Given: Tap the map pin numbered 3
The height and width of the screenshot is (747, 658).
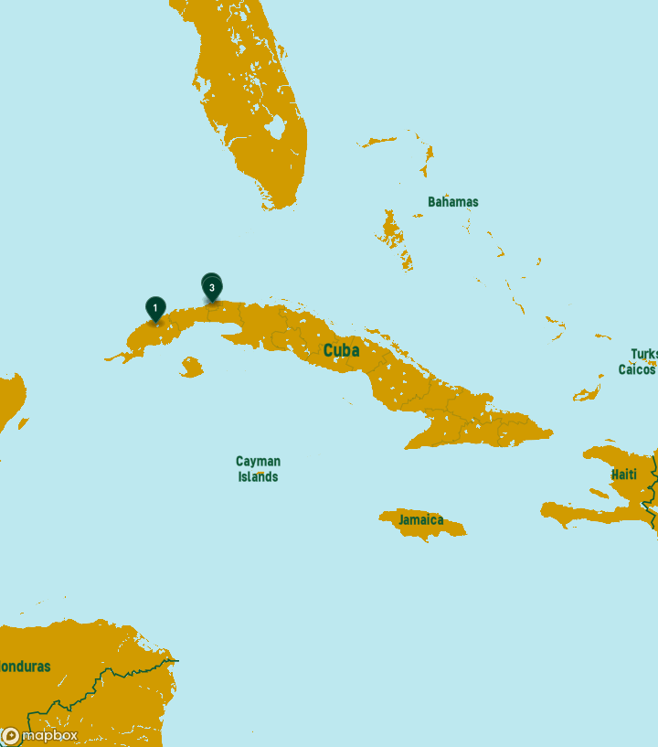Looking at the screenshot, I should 212,288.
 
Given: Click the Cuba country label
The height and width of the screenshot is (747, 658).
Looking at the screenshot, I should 341,351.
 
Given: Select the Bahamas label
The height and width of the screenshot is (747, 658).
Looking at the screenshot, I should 452,202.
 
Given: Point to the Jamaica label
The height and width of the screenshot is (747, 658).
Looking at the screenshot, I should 420,520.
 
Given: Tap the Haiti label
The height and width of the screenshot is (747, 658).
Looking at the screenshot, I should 624,475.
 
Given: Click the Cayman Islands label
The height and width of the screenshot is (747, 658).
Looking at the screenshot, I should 258,469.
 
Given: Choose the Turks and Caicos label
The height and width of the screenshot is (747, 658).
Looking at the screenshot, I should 639,362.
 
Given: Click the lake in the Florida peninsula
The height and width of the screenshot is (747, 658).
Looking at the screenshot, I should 277,126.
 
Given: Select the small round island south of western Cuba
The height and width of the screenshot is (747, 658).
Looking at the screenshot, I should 191,368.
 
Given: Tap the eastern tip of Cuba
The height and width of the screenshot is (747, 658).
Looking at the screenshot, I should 551,432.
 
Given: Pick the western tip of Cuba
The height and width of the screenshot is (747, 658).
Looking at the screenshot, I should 108,359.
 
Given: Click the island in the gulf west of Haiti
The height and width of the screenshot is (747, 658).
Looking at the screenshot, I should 599,493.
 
